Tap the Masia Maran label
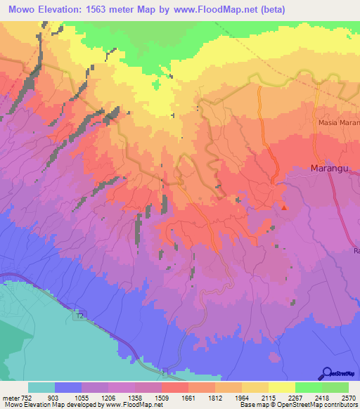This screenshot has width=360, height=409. point(337,123)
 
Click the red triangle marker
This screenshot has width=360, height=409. point(284,207)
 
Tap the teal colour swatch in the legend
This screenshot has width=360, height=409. point(41,388)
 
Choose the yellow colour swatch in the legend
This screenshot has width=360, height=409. point(281,388)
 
